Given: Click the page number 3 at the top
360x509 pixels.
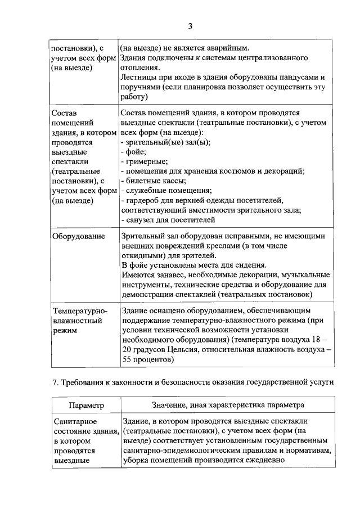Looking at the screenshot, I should click(190, 26).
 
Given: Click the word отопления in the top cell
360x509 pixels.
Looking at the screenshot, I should click(141, 67).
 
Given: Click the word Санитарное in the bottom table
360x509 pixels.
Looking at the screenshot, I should click(74, 421).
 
